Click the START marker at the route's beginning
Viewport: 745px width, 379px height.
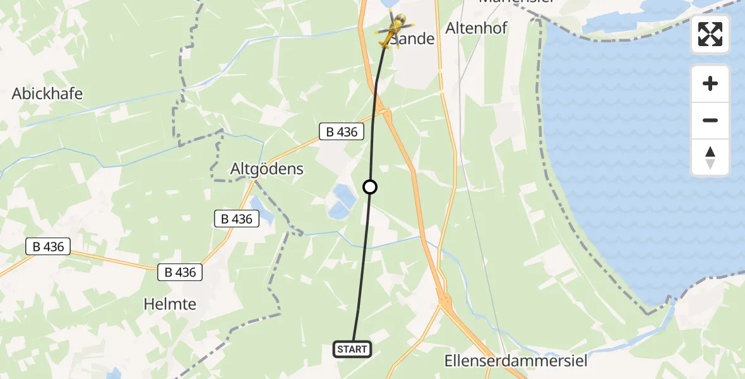[352, 349]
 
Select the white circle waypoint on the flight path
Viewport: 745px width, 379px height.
[370, 187]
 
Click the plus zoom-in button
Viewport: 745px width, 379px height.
[710, 83]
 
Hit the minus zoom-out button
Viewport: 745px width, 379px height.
[710, 120]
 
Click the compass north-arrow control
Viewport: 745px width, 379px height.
[710, 157]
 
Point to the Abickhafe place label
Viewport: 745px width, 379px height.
[47, 94]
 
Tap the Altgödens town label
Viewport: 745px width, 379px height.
[267, 169]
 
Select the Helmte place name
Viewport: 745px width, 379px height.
[170, 304]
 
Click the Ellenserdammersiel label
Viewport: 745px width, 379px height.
[516, 361]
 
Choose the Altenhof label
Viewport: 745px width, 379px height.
[477, 28]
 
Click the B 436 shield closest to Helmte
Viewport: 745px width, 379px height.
[180, 272]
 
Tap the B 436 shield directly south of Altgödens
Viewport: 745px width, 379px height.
[237, 219]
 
